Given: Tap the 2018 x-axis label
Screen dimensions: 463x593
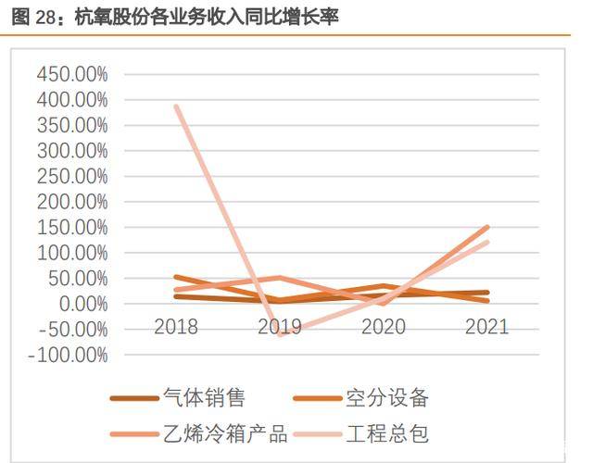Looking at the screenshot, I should point(176,326).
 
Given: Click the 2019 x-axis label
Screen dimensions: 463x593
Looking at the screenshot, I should point(279,326).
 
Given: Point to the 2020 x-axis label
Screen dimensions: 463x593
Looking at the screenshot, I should point(383,326).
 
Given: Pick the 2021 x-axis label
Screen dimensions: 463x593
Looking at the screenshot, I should point(486,326).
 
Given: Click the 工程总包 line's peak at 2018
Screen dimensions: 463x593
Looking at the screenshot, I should point(176,106).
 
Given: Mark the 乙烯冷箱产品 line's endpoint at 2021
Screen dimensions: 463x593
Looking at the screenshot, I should point(487,227).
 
